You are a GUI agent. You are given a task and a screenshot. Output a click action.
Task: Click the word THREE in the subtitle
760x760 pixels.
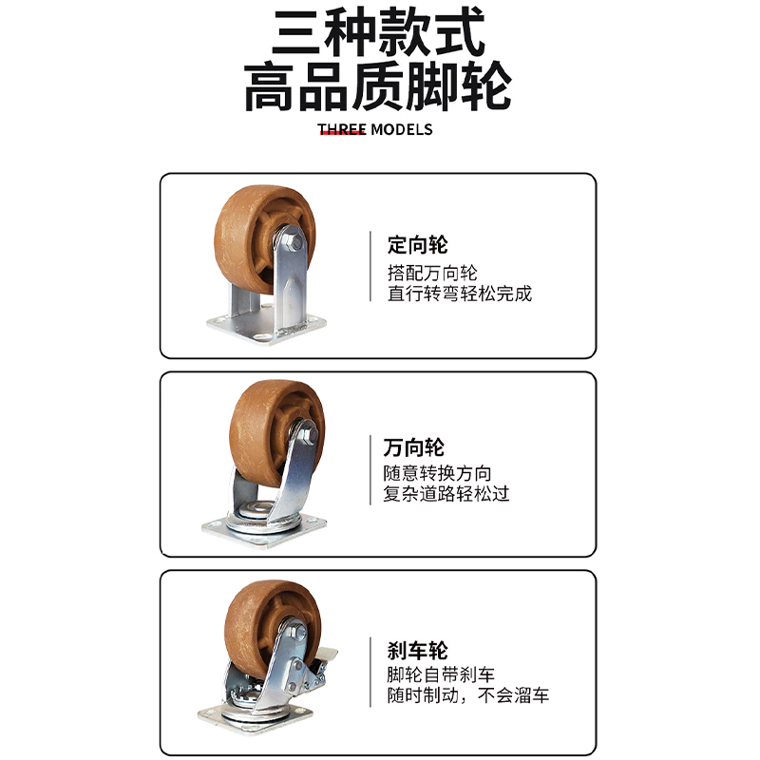(x=341, y=129)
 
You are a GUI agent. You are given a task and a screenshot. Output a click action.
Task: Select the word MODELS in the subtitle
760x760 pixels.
(x=401, y=129)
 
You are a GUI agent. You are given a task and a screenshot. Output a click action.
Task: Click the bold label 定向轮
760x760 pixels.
(x=417, y=246)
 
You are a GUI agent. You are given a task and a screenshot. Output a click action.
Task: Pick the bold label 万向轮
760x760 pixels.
(x=413, y=446)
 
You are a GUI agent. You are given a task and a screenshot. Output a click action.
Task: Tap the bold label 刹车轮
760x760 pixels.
(x=417, y=651)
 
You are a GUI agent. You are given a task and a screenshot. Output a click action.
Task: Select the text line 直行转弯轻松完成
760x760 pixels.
(x=460, y=294)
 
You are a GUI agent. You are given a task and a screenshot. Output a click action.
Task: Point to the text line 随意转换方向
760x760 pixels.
(x=437, y=472)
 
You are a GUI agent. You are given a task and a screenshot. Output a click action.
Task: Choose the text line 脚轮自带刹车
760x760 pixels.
(x=441, y=675)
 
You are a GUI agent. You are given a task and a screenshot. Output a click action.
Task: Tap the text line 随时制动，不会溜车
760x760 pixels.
(x=467, y=697)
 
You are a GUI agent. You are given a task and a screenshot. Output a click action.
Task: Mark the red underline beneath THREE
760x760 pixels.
(x=343, y=134)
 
